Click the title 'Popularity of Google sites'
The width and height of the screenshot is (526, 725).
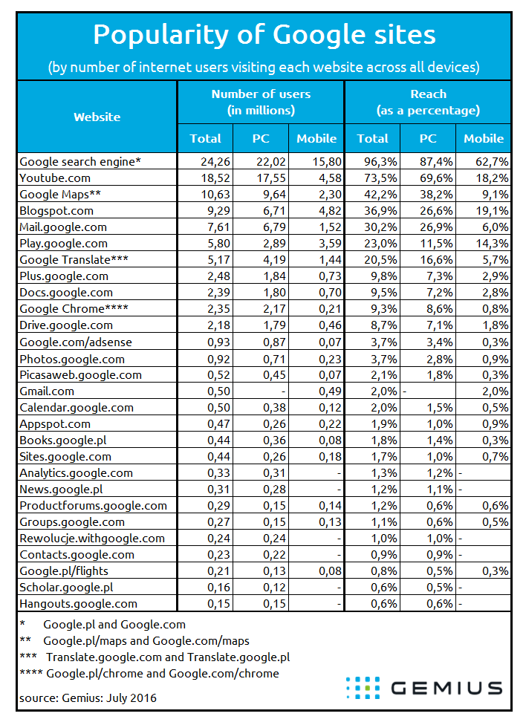click(264, 35)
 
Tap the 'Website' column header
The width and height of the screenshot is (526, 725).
click(97, 117)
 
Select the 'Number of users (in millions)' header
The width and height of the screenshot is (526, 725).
click(261, 103)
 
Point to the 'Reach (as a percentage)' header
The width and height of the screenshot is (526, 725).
click(429, 103)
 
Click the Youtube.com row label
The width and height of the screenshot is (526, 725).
click(55, 178)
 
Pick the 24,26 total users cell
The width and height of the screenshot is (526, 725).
click(215, 162)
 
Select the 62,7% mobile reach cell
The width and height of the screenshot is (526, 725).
click(493, 162)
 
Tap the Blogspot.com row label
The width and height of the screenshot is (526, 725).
click(56, 211)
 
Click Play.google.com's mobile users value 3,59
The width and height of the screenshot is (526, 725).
click(330, 243)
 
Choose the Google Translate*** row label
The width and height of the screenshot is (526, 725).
click(74, 260)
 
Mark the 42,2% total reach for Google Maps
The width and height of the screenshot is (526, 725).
click(380, 194)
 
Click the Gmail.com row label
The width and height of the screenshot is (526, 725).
click(47, 391)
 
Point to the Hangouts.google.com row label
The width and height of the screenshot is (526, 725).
click(78, 604)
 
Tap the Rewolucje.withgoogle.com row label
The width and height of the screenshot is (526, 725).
click(92, 539)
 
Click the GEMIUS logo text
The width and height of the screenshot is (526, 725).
click(447, 688)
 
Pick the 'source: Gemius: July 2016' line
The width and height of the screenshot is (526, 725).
click(88, 698)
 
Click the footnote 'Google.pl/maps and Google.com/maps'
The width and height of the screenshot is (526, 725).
click(146, 641)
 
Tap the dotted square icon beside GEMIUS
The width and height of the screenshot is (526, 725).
click(363, 688)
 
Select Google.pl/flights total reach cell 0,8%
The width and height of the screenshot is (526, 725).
click(383, 571)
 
